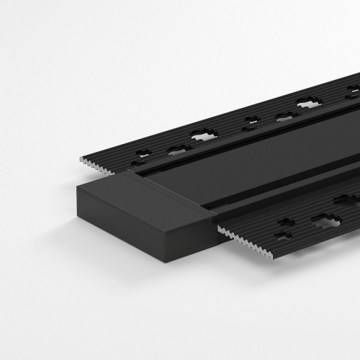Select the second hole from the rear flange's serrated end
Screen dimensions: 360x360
[x=176, y=150]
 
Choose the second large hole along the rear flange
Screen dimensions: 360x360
[x=309, y=103]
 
